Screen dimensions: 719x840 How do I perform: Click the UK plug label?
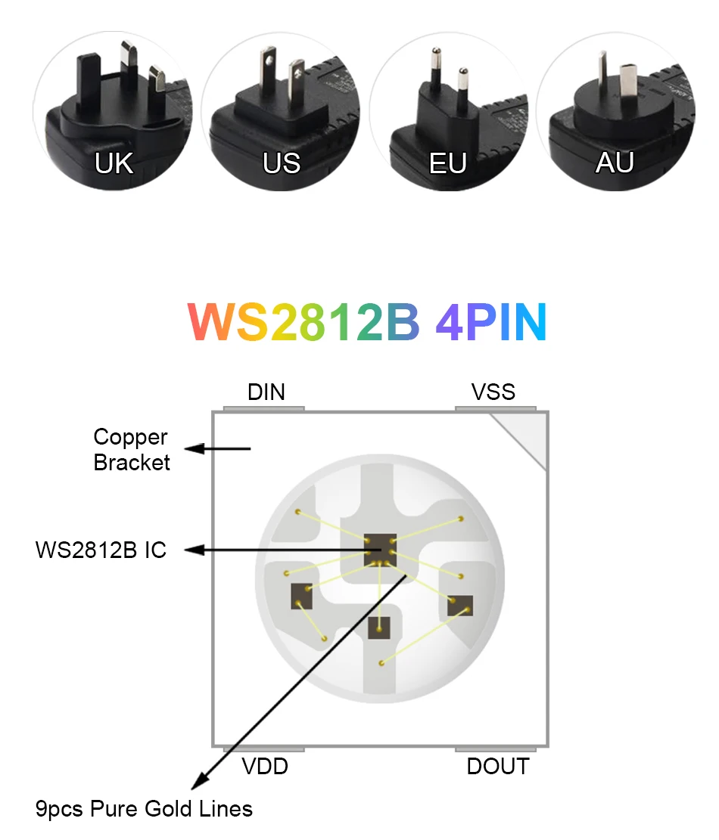click(x=114, y=163)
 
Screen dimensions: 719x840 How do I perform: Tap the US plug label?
click(x=282, y=163)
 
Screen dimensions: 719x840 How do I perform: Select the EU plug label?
click(x=448, y=163)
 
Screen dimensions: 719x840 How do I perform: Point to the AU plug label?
click(x=614, y=163)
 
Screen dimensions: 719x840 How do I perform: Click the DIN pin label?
click(x=266, y=392)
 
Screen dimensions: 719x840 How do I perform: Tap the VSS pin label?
click(x=493, y=392)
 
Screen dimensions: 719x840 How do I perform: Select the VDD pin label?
click(x=265, y=767)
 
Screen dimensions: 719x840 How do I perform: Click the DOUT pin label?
click(x=497, y=767)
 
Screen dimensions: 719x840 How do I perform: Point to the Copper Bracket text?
click(x=131, y=450)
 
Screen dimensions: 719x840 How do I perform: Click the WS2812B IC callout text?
click(x=101, y=550)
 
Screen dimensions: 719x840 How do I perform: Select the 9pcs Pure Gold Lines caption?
click(x=144, y=810)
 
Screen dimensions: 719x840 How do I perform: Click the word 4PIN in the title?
click(x=490, y=323)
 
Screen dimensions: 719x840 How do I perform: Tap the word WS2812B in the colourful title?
click(x=303, y=323)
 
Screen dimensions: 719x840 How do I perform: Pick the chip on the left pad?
click(x=302, y=597)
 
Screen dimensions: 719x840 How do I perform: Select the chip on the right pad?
click(x=459, y=606)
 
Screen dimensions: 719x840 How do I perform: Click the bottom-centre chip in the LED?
click(x=379, y=627)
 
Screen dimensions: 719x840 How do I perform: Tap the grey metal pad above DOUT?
click(x=496, y=749)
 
